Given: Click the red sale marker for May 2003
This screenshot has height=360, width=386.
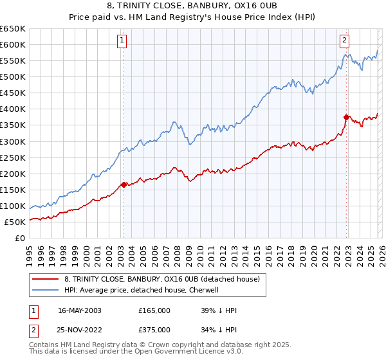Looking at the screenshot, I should click(124, 184).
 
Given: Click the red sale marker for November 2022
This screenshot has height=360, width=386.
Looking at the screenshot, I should click(346, 117).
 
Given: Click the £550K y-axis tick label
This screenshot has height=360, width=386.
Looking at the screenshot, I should click(12, 61).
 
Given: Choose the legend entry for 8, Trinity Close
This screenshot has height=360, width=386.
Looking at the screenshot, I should click(161, 279).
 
